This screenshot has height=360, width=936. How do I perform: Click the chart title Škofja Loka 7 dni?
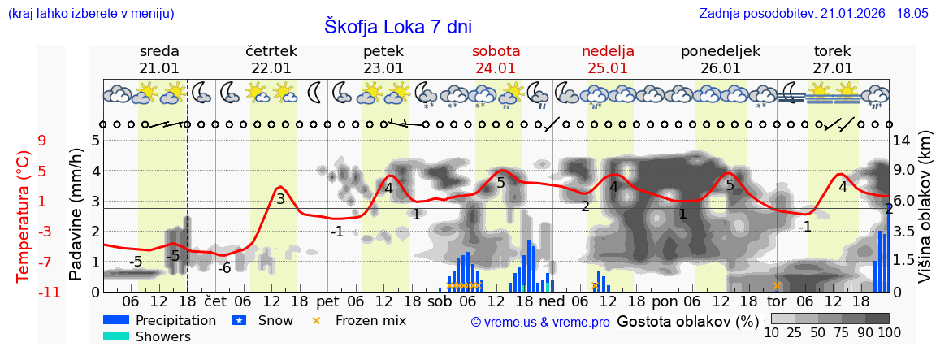[397, 26]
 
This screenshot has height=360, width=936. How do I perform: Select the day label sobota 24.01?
[496, 59]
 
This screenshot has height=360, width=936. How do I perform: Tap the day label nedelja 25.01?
[608, 59]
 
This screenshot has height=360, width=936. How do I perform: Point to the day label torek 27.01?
[832, 59]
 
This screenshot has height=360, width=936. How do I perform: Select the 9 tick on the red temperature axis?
[42, 141]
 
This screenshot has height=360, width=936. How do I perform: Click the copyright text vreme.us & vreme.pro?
[540, 322]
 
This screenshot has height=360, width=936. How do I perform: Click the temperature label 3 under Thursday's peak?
[280, 199]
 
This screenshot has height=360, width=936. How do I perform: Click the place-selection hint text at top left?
[90, 13]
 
